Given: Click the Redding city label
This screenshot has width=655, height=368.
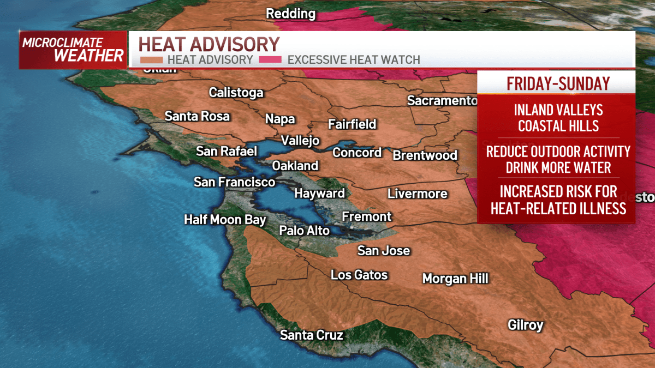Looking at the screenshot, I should tap(290, 14).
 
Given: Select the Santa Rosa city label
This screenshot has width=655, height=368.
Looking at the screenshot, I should tap(197, 117).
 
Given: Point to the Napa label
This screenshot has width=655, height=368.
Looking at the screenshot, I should tap(280, 119).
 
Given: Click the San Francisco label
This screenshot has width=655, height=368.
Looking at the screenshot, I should tap(234, 182).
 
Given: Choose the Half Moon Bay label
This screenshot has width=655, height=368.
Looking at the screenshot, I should tap(225, 220).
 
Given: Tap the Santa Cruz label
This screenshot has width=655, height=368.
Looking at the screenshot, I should tap(312, 335).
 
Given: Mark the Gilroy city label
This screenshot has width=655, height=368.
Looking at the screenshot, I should tap(525, 325).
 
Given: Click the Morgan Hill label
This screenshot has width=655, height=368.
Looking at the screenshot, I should tap(455, 279).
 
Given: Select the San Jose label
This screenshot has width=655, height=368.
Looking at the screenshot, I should tap(383, 251).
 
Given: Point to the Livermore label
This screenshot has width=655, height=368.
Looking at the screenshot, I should tap(417, 194).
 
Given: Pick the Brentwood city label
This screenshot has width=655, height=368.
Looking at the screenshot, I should tap(425, 155).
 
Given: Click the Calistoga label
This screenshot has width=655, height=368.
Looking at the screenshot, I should tap(236, 93).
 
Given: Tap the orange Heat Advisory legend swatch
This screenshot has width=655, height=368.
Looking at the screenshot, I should tap(151, 60).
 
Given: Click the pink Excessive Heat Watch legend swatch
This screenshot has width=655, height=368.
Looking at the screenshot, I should tap(271, 60).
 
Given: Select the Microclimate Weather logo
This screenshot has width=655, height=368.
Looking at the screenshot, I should tap(73, 50).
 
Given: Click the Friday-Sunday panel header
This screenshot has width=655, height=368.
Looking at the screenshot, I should tap(557, 83).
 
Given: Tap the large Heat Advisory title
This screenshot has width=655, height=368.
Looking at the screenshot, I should tap(209, 44).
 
